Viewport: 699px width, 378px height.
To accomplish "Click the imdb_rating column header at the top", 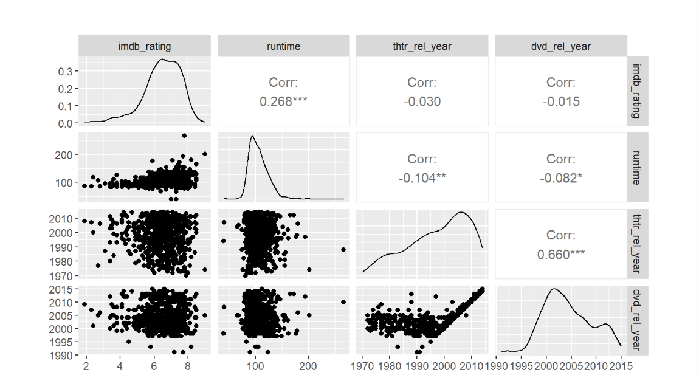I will click(x=144, y=46).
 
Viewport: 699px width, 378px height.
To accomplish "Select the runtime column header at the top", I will click(x=283, y=46).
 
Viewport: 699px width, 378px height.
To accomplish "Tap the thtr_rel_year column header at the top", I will click(x=422, y=46).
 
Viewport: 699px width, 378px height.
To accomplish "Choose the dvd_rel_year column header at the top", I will click(x=561, y=46).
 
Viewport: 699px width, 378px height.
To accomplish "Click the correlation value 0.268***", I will click(x=283, y=101).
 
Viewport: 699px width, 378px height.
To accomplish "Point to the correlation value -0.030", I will click(x=422, y=101).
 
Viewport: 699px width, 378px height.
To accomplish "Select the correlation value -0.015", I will click(x=561, y=101).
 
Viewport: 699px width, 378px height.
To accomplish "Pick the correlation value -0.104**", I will click(x=422, y=178).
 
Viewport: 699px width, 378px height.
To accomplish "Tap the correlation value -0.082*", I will click(x=561, y=178).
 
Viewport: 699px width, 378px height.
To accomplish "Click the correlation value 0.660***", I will click(x=561, y=254).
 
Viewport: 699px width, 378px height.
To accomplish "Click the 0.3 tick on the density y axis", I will click(x=66, y=72).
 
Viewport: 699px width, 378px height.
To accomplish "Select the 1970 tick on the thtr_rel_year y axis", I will click(x=62, y=276).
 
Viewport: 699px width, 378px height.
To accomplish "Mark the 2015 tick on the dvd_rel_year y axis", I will click(x=62, y=289).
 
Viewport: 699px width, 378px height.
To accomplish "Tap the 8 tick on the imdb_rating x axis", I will click(x=187, y=366).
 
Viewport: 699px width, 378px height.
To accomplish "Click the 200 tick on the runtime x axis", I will click(x=308, y=366).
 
